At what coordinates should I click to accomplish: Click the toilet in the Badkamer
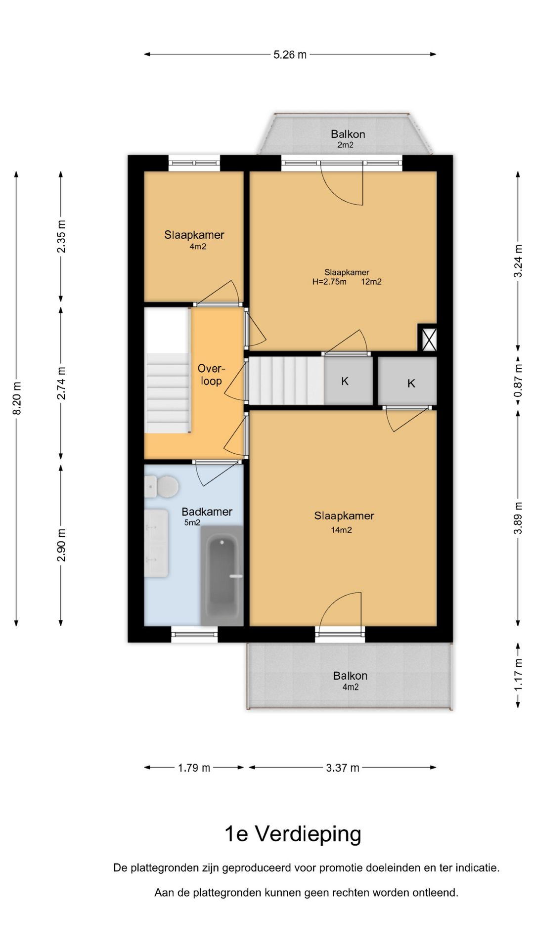(x=162, y=486)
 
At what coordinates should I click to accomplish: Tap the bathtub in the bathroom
(x=222, y=575)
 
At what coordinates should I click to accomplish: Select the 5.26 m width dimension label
(x=290, y=54)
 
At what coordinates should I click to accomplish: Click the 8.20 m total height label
(x=17, y=398)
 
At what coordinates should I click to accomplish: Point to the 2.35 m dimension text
(x=61, y=236)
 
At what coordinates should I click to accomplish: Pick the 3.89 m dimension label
(x=518, y=518)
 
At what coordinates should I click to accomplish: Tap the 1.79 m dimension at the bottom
(x=194, y=768)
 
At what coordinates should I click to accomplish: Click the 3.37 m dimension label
(x=342, y=768)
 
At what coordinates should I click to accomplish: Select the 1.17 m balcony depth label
(x=518, y=675)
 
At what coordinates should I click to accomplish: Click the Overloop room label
(x=211, y=375)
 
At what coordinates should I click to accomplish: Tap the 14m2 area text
(x=341, y=530)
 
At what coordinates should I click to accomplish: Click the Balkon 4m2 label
(x=350, y=681)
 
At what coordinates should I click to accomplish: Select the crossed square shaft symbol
(x=429, y=338)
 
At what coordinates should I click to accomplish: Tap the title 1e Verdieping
(x=293, y=833)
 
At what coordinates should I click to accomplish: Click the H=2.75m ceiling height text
(x=329, y=282)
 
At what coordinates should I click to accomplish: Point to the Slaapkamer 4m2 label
(x=194, y=240)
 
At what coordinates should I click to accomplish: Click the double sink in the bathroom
(x=156, y=544)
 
